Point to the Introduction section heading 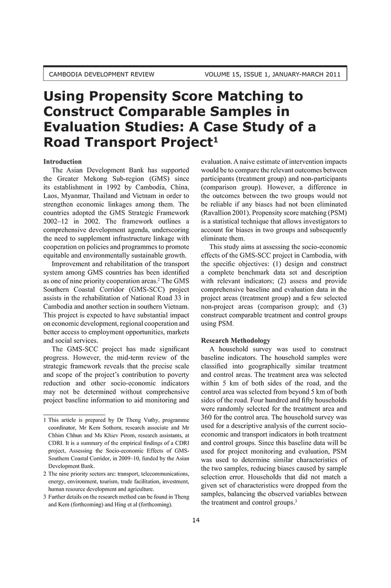tap(63, 161)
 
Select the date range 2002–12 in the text tap(55, 221)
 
